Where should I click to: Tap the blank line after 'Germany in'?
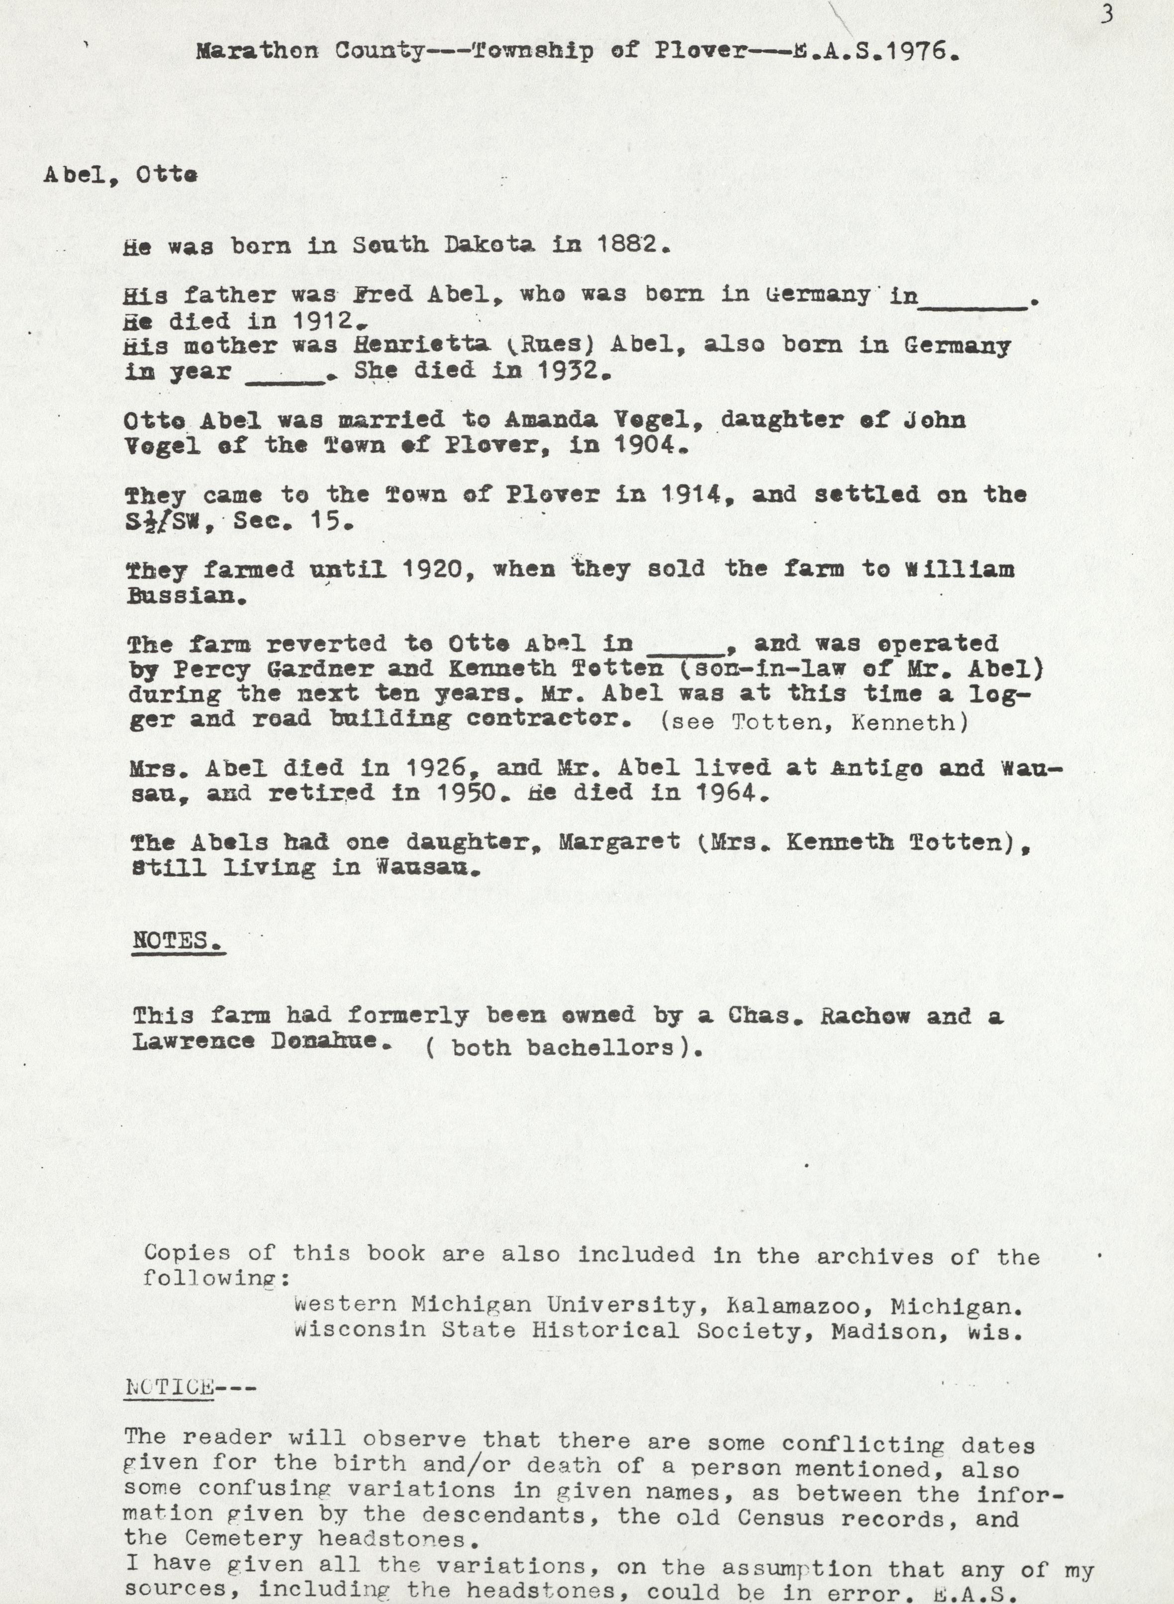pos(973,304)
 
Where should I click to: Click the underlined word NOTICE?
pos(169,1387)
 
